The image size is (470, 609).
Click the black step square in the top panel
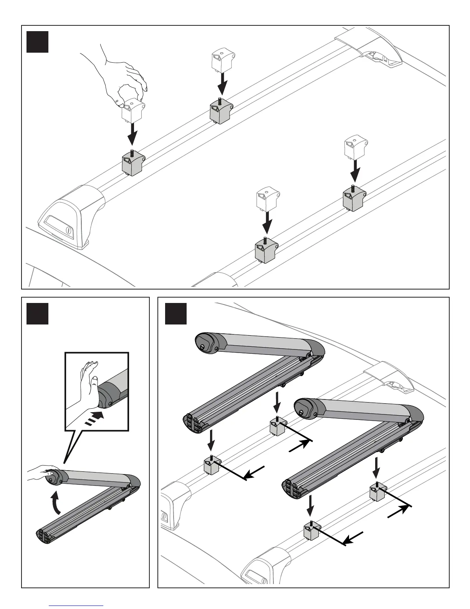click(x=37, y=42)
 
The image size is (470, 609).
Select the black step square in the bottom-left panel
click(x=37, y=314)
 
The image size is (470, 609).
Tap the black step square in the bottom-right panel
click(x=176, y=314)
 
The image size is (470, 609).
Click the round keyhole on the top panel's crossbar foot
click(x=68, y=230)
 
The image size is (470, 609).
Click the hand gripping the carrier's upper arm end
click(x=42, y=472)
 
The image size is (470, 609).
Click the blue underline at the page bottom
click(x=77, y=606)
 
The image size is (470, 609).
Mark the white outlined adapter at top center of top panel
click(x=222, y=60)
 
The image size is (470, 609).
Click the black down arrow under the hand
click(x=132, y=133)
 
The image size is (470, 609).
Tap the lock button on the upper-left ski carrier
click(x=202, y=346)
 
